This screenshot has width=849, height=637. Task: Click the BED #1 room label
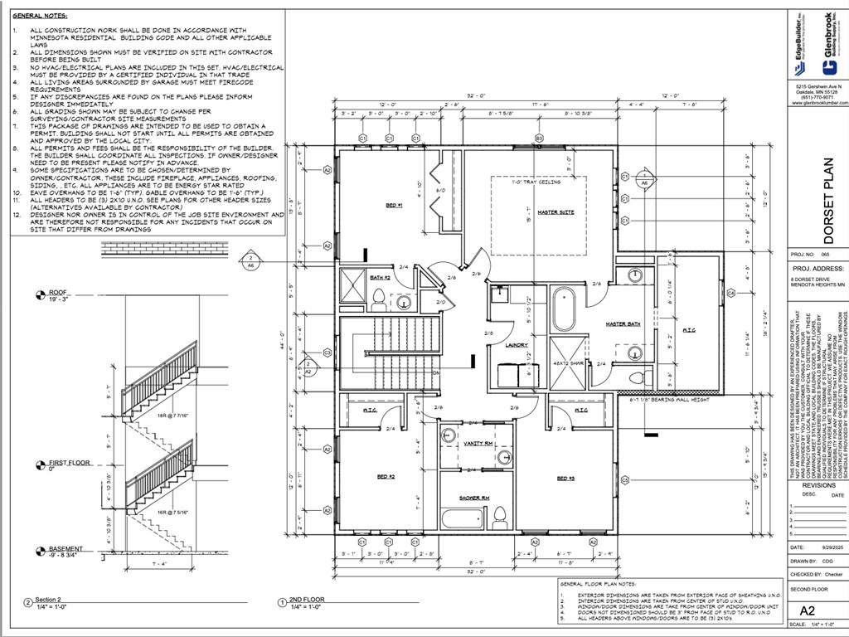(394, 205)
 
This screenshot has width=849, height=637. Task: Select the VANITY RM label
(478, 444)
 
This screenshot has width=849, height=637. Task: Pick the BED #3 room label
(566, 479)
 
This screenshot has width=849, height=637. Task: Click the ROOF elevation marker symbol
(39, 294)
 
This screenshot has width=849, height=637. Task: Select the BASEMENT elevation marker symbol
(39, 552)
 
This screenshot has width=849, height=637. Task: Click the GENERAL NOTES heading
(41, 16)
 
